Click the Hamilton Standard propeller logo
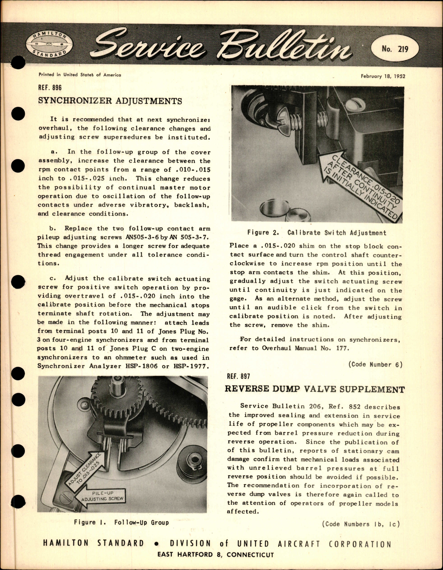coord(48,46)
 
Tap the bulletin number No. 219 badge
coord(395,49)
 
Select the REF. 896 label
coord(50,87)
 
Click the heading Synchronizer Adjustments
coord(110,101)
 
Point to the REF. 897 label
coord(238,376)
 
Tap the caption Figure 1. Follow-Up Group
coord(121,522)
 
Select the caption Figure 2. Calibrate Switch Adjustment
coord(317,233)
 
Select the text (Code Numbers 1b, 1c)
coord(360,524)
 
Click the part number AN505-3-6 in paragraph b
coord(136,237)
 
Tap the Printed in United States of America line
coord(79,75)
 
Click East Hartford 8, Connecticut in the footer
coord(215,555)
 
